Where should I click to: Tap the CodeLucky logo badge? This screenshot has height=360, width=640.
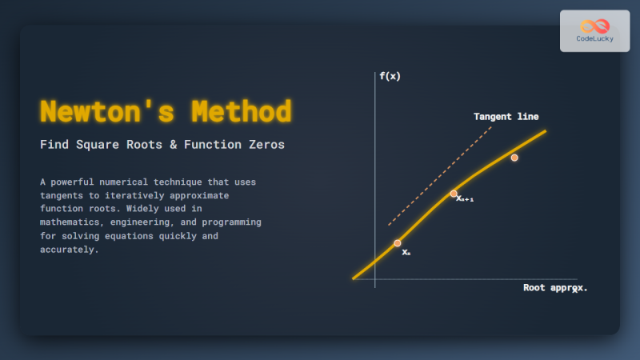[594, 30]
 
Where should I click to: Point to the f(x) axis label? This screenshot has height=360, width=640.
[390, 76]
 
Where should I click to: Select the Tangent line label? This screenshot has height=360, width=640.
[506, 117]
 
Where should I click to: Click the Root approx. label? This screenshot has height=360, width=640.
[554, 287]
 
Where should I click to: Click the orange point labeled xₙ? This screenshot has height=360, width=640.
[398, 242]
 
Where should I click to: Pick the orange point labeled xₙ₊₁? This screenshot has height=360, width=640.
[454, 194]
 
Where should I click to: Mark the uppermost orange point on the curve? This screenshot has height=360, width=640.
[514, 158]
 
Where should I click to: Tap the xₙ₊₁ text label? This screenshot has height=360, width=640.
[465, 198]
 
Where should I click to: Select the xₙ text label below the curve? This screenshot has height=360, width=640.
[406, 252]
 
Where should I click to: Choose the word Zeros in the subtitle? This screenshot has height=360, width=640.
[265, 145]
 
